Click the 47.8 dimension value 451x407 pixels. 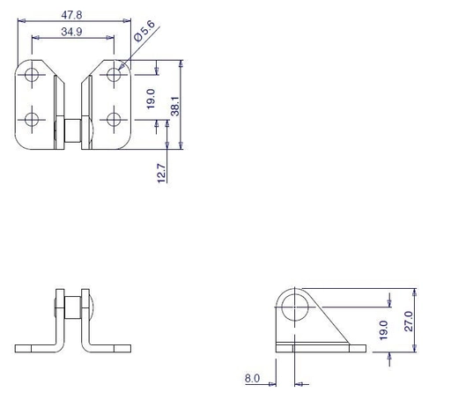coord(71,15)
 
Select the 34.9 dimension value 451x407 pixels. coord(71,32)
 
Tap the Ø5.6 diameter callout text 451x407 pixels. coord(144,31)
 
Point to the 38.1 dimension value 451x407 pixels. coord(175,106)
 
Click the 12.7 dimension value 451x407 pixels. coord(161,174)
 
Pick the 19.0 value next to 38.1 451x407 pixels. coord(151,99)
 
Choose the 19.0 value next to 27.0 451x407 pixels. coord(383,330)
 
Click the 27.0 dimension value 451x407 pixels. coord(409,322)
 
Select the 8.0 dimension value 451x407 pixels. coord(252,378)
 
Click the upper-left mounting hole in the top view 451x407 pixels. coord(32,74)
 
